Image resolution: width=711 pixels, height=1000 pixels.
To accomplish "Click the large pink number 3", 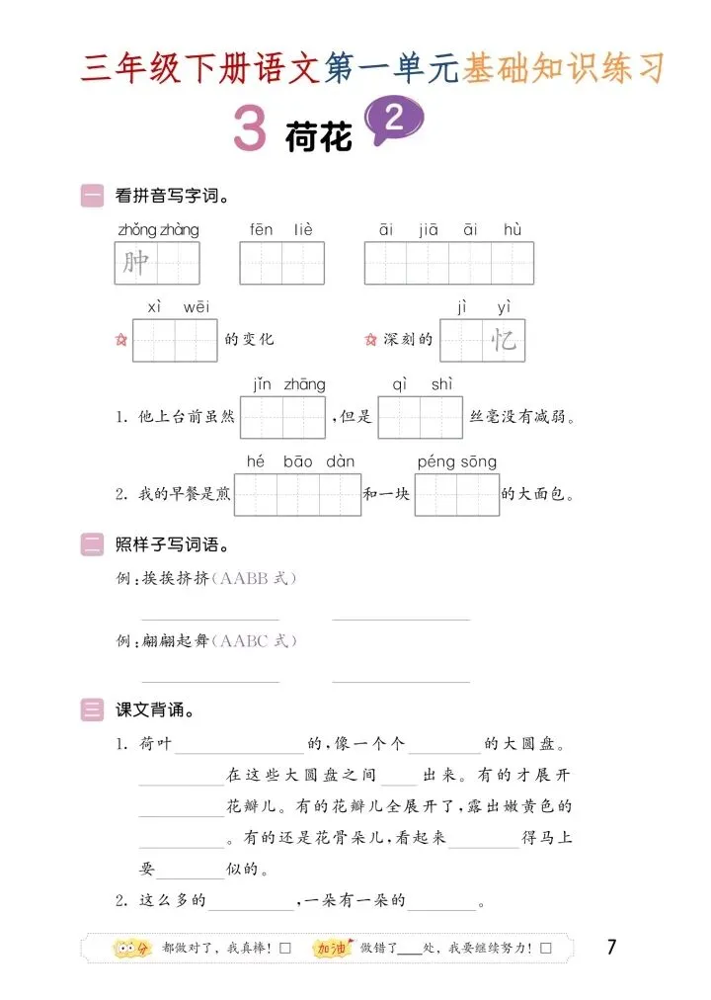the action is pyautogui.click(x=251, y=129).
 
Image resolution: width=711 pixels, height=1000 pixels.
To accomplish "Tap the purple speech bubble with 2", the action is pyautogui.click(x=394, y=121).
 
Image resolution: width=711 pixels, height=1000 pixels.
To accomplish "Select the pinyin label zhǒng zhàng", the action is pyautogui.click(x=158, y=230).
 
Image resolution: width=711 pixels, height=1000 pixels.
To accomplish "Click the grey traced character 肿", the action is pyautogui.click(x=136, y=263).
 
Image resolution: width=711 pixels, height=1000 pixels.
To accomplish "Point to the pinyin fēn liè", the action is pyautogui.click(x=281, y=230).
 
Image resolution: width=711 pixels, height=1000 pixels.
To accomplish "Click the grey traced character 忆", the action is pyautogui.click(x=504, y=341).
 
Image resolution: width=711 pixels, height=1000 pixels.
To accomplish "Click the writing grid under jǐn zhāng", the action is pyautogui.click(x=282, y=417).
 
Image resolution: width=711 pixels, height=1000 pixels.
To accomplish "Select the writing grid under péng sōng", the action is pyautogui.click(x=456, y=494).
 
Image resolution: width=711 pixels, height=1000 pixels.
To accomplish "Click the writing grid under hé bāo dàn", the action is pyautogui.click(x=297, y=494).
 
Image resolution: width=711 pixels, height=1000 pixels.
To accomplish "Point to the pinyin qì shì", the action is pyautogui.click(x=422, y=384).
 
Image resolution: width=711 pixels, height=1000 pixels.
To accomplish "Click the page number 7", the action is pyautogui.click(x=611, y=948).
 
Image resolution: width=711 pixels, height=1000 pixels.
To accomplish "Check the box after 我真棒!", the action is pyautogui.click(x=285, y=949).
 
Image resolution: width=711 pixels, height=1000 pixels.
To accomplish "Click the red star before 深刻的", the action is pyautogui.click(x=370, y=340).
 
